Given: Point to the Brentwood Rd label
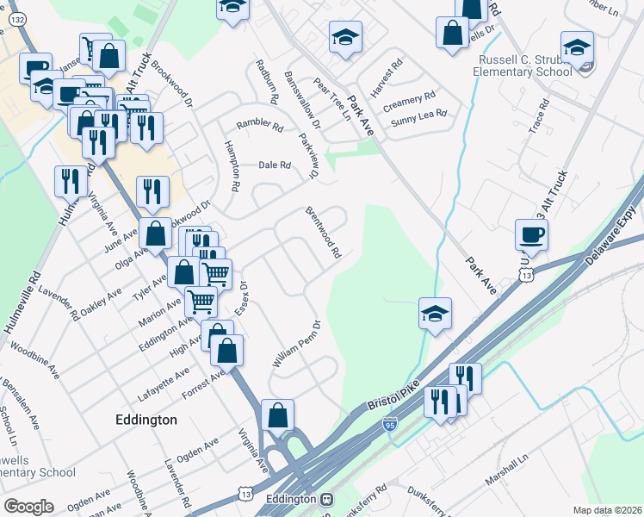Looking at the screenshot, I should pyautogui.click(x=324, y=233).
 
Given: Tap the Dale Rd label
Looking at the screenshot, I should pyautogui.click(x=276, y=165).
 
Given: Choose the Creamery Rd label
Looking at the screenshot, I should pyautogui.click(x=410, y=100).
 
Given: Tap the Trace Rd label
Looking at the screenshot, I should pyautogui.click(x=539, y=126).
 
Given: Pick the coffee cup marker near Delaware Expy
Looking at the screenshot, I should pyautogui.click(x=531, y=234).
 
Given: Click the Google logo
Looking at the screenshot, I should pyautogui.click(x=28, y=506).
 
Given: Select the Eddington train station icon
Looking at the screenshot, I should pyautogui.click(x=326, y=500).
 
